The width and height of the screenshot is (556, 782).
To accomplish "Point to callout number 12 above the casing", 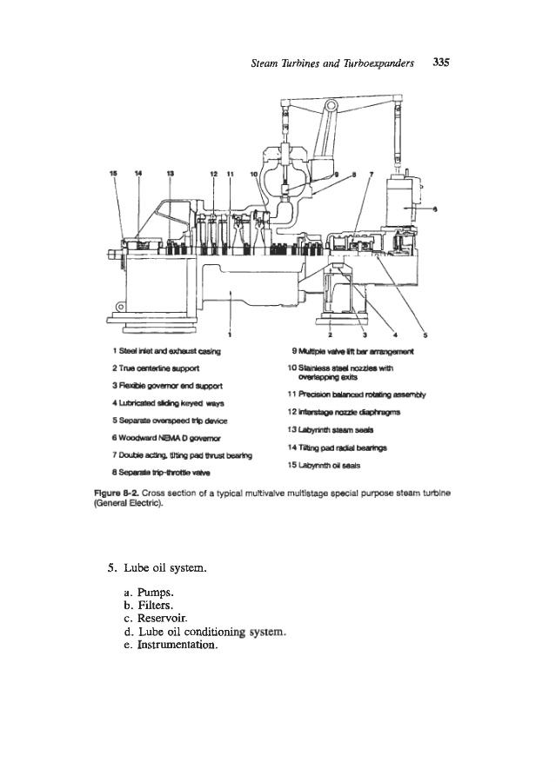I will pyautogui.click(x=214, y=173).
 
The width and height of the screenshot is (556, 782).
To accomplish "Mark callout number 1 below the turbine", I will pyautogui.click(x=230, y=334).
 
